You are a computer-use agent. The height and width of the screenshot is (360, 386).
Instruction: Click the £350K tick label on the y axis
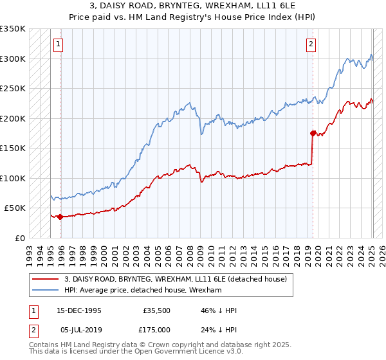pyautogui.click(x=13, y=29)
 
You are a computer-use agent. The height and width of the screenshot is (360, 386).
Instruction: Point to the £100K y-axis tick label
pyautogui.click(x=13, y=178)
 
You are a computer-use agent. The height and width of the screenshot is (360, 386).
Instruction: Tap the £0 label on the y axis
pyautogui.click(x=21, y=238)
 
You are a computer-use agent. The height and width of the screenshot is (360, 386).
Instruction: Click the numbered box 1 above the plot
pyautogui.click(x=58, y=44)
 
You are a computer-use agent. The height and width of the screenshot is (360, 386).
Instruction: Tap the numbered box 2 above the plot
pyautogui.click(x=311, y=44)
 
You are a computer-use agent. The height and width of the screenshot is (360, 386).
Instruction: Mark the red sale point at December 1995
pyautogui.click(x=60, y=217)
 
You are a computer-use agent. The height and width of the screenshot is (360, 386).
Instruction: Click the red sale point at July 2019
pyautogui.click(x=313, y=134)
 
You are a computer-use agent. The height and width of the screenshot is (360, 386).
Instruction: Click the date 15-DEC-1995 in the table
pyautogui.click(x=79, y=310)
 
